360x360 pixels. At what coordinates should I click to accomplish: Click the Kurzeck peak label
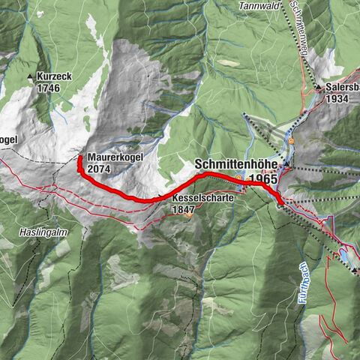point(54,77)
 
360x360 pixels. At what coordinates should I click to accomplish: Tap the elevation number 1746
point(47,87)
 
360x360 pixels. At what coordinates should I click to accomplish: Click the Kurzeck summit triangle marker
point(31,77)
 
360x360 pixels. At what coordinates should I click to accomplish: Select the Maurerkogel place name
point(114,158)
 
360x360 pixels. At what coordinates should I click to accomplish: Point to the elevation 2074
point(99,169)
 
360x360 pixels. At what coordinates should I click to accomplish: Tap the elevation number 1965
point(265,179)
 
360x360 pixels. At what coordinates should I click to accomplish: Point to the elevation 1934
point(338,98)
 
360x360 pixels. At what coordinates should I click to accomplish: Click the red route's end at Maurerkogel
point(79,158)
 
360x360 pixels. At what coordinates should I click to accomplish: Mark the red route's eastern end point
point(281,202)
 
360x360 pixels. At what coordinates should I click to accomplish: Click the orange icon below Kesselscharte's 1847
point(190,216)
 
